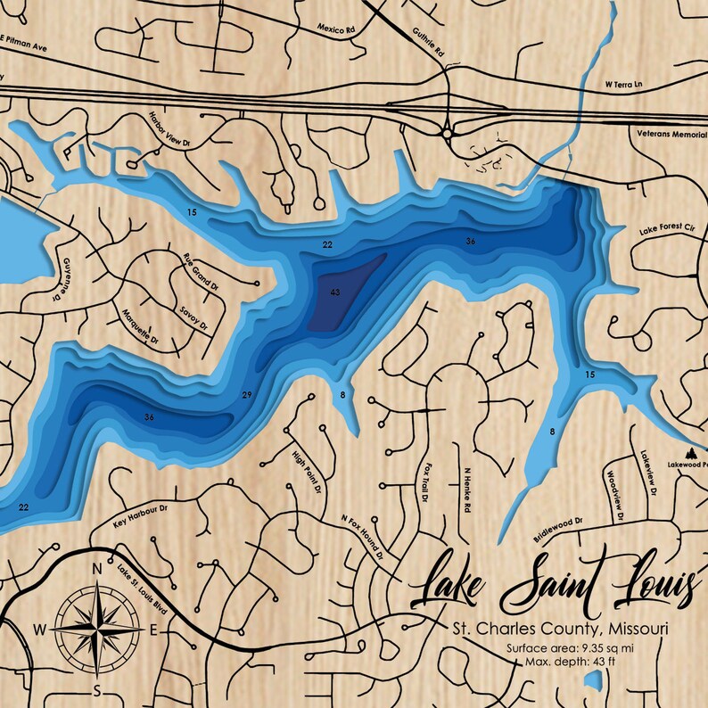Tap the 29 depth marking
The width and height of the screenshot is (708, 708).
click(x=247, y=395)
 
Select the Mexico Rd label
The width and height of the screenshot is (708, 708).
click(x=336, y=29)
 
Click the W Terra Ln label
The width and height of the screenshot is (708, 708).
click(x=625, y=85)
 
